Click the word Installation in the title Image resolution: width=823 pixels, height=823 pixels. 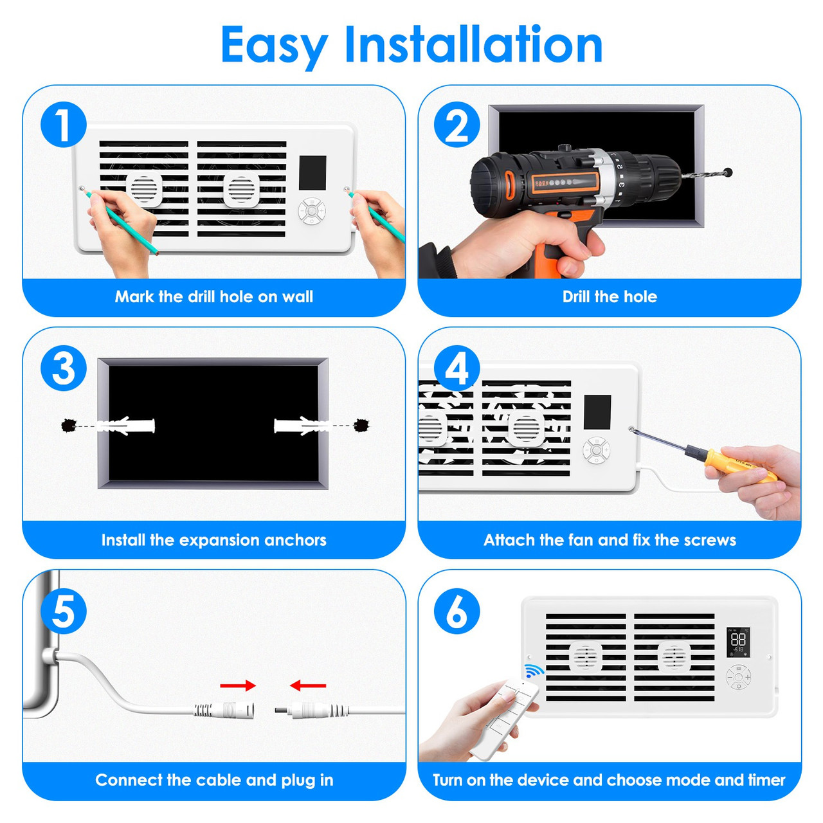click(473, 45)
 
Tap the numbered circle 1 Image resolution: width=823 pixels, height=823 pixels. click(63, 124)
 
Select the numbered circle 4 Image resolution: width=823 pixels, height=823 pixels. click(457, 368)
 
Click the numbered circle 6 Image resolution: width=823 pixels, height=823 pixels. click(457, 611)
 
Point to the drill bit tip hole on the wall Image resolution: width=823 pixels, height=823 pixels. click(728, 172)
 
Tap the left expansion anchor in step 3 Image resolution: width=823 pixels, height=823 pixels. click(127, 426)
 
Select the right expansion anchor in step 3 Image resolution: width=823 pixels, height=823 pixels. click(301, 426)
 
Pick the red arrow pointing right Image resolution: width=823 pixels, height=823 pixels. click(238, 686)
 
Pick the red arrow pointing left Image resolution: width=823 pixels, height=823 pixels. click(308, 686)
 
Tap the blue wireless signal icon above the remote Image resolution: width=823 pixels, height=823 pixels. click(532, 671)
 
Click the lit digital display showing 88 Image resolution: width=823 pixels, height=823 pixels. click(738, 642)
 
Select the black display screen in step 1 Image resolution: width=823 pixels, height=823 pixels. click(312, 172)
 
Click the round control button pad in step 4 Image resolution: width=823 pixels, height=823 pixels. click(596, 450)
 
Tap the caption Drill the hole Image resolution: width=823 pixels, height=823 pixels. click(609, 296)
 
